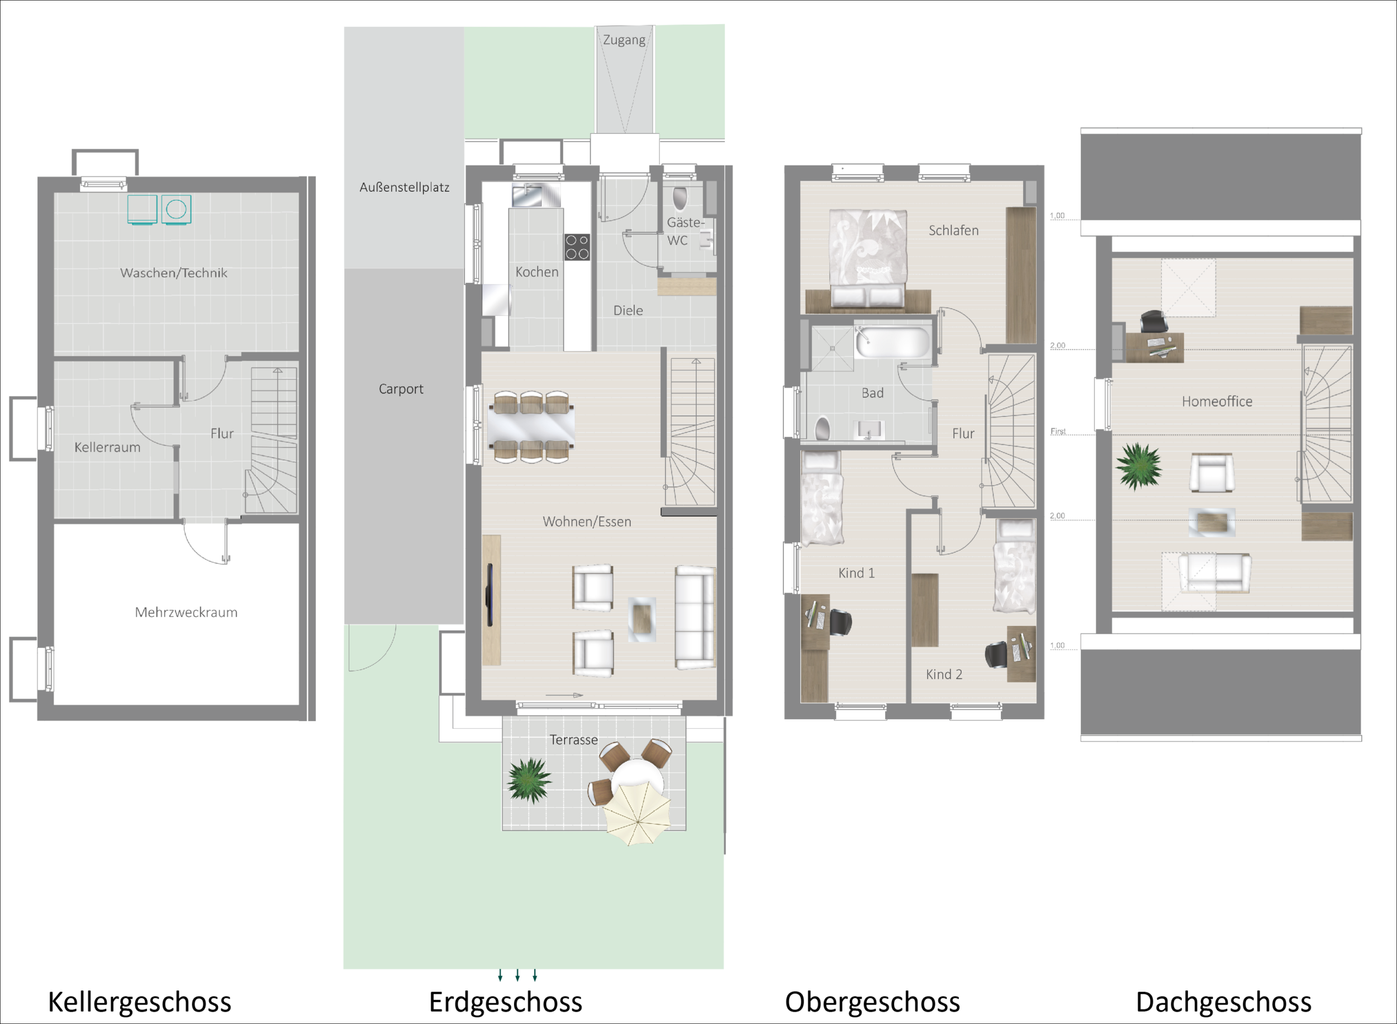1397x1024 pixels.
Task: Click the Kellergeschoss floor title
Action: click(x=139, y=1002)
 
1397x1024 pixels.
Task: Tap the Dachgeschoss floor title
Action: click(x=1224, y=1002)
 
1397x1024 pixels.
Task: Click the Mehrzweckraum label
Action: click(x=186, y=613)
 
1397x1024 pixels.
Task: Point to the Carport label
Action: click(x=401, y=389)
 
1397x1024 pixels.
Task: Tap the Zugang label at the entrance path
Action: click(x=624, y=40)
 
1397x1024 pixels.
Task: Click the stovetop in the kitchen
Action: click(x=577, y=246)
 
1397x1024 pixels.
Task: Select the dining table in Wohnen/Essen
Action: click(x=532, y=426)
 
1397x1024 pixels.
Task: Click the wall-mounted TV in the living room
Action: click(x=490, y=595)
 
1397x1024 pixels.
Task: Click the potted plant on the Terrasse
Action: click(x=529, y=781)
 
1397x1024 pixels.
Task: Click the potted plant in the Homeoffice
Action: click(x=1139, y=466)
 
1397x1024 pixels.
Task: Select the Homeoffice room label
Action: click(x=1217, y=402)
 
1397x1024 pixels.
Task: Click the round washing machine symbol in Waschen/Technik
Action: click(x=177, y=210)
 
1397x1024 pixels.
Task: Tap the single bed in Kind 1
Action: click(x=821, y=499)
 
